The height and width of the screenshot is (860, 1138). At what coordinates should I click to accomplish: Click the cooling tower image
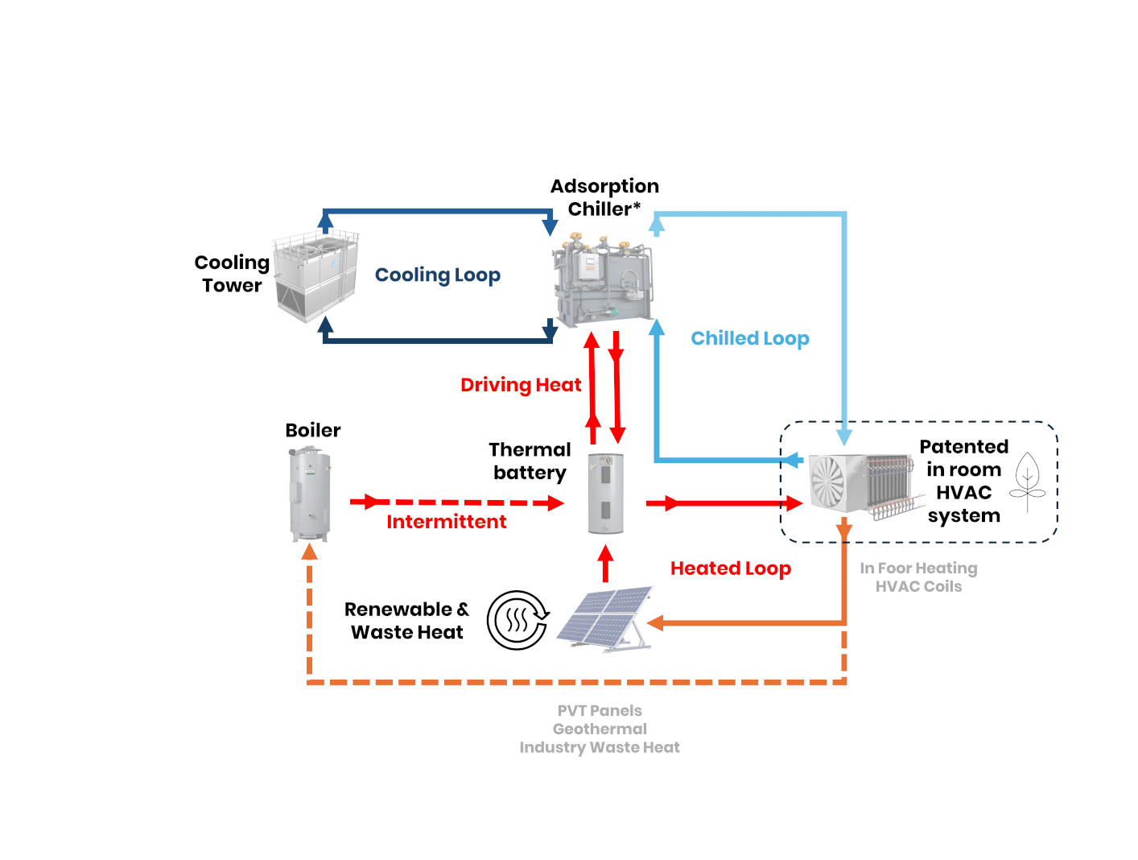point(315,276)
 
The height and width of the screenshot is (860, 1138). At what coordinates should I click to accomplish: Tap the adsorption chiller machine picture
point(603,279)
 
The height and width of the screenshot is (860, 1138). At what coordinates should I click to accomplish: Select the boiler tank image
point(310,493)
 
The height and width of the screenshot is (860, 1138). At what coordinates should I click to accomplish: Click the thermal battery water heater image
point(605,493)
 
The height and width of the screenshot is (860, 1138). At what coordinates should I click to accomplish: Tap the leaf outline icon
point(1027,482)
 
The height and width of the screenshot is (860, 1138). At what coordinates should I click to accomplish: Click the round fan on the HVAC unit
point(827,482)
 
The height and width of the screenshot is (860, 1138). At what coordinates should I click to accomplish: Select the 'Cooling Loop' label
point(437,275)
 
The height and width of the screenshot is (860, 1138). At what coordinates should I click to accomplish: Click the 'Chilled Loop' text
point(749,339)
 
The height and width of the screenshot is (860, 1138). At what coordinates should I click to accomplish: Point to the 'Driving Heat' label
point(520,385)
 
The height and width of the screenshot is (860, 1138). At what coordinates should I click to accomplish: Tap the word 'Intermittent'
point(446,522)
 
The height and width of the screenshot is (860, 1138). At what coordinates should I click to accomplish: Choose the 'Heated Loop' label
point(730,569)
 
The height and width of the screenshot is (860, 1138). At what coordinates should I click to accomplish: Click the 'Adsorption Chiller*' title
point(604,197)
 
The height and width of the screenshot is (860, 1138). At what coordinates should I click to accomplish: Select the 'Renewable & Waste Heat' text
point(406,620)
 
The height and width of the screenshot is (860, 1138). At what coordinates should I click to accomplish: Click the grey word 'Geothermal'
point(600,729)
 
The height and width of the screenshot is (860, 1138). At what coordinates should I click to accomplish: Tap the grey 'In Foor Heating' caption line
point(918,569)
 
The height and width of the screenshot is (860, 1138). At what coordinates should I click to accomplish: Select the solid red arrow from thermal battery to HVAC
point(724,503)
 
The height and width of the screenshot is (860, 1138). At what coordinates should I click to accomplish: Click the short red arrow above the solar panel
point(606,563)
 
